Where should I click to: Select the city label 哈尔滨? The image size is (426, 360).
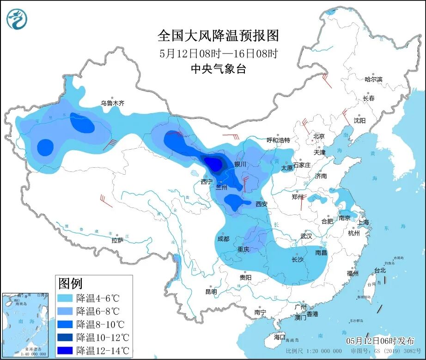click(373, 79)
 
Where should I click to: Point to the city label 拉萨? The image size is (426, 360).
click(117, 240)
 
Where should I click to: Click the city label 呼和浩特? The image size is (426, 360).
click(278, 140)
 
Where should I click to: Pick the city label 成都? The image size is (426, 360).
click(223, 238)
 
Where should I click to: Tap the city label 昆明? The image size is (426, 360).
click(211, 292)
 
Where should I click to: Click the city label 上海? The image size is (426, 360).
click(363, 222)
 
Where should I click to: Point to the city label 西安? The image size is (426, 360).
click(262, 203)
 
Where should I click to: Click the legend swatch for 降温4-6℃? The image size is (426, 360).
click(66, 297)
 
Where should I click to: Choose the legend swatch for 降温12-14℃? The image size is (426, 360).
click(66, 351)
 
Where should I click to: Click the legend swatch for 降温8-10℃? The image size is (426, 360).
click(66, 324)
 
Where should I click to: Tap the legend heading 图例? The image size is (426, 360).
click(70, 282)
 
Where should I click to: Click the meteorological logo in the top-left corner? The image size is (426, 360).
click(17, 19)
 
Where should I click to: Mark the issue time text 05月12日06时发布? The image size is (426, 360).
click(380, 341)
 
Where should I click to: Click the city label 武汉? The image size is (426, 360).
click(306, 236)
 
